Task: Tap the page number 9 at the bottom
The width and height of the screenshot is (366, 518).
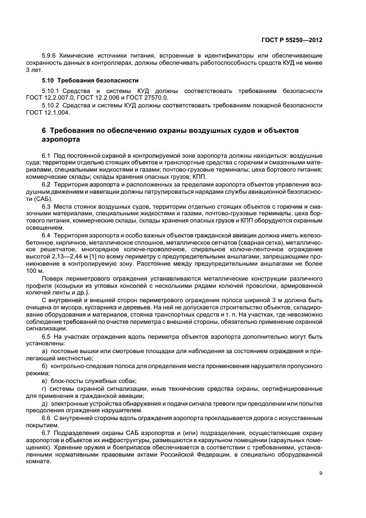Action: (x=322, y=472)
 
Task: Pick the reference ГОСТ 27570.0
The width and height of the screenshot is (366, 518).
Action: (x=140, y=97)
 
